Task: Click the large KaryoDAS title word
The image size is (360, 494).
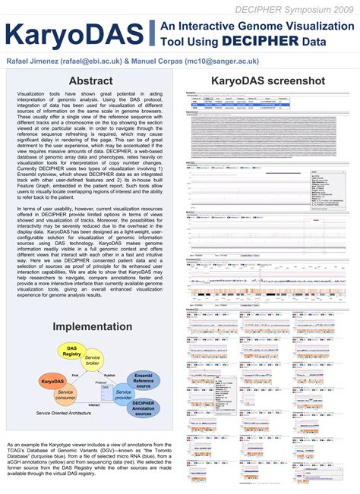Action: tap(75, 36)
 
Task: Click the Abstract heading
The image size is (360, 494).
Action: tap(91, 81)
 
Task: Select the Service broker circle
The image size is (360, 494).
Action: tap(93, 361)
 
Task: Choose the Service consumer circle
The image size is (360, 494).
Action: tap(65, 395)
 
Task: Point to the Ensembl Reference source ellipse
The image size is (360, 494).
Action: tap(143, 379)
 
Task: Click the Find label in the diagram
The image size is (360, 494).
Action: tap(75, 374)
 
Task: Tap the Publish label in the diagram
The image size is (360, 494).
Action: tap(109, 374)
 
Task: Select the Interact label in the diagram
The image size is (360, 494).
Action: tap(94, 405)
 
